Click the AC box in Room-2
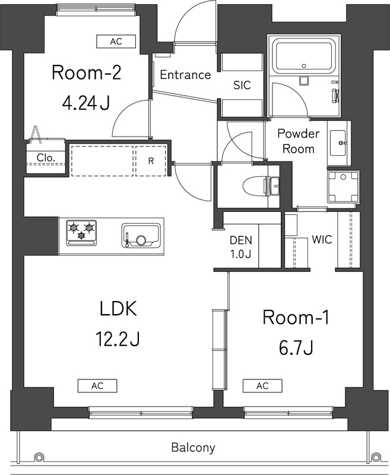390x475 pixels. pos(116,41)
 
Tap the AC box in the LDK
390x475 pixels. pos(97,385)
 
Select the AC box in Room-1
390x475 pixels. pos(262,385)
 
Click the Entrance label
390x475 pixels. pos(186,75)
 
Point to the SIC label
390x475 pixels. pos(242,85)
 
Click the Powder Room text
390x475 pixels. pos(298,141)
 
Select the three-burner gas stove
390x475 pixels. pos(81,233)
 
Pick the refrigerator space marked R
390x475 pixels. pos(151,159)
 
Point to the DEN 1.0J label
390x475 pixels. pos(241,246)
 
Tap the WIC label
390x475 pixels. pos(321,240)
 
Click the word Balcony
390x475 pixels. pos(193,447)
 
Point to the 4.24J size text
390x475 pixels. pos(86,103)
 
